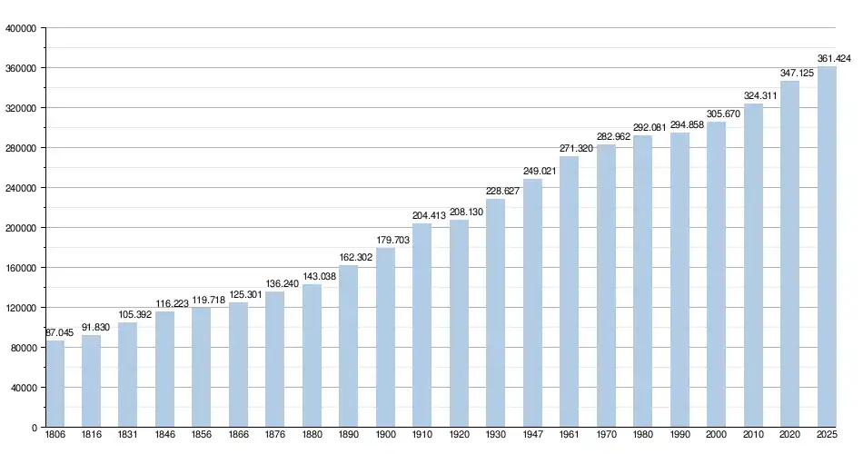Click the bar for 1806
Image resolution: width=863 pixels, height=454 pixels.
click(x=55, y=383)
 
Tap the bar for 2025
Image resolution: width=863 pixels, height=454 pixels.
click(x=827, y=246)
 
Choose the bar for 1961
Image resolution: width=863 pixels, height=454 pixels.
click(x=570, y=291)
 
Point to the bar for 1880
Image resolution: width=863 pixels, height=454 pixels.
click(x=312, y=355)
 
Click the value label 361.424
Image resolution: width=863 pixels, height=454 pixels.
click(x=834, y=59)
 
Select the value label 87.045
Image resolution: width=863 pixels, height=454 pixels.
click(x=59, y=333)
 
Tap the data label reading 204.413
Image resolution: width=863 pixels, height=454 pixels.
click(x=430, y=216)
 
